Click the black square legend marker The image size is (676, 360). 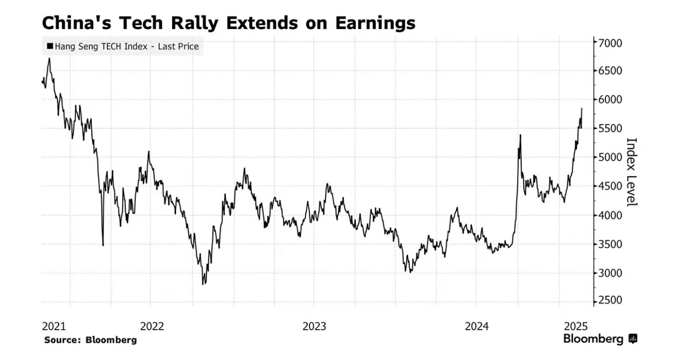click(49, 46)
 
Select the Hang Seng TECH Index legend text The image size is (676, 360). click(126, 46)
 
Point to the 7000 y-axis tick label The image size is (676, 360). click(610, 43)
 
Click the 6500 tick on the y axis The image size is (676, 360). click(610, 71)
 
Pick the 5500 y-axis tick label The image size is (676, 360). click(610, 129)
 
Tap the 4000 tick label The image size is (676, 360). click(610, 215)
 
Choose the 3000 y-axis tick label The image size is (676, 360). click(610, 273)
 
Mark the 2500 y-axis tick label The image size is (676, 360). click(610, 301)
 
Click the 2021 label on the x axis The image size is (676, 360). click(54, 326)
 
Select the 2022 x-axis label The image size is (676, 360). click(152, 326)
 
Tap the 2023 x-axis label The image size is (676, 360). click(314, 326)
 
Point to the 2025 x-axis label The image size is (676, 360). click(575, 326)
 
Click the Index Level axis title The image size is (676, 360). click(632, 172)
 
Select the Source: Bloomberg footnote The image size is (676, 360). click(90, 340)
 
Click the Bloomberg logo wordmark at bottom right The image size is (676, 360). click(594, 339)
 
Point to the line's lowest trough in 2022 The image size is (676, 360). click(203, 284)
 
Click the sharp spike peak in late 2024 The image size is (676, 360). click(520, 135)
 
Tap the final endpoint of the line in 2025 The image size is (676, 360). click(582, 109)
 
